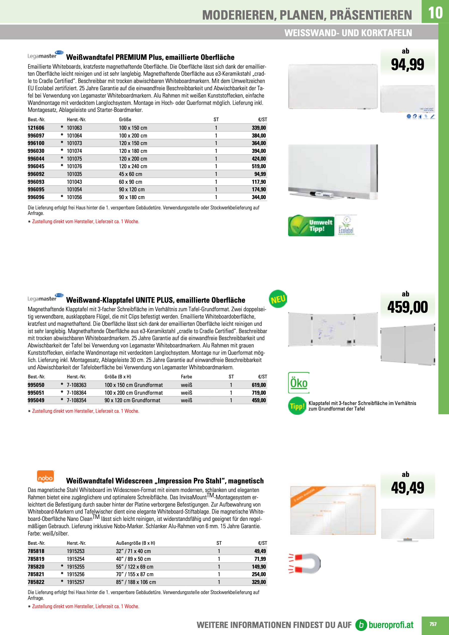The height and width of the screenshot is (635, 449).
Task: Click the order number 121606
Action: (36, 128)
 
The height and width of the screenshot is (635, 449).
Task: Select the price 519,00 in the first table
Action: (259, 166)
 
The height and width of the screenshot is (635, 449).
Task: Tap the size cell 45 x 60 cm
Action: (130, 174)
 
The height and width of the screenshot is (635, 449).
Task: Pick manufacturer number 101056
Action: (74, 197)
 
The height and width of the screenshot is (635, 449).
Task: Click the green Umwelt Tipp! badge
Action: (311, 226)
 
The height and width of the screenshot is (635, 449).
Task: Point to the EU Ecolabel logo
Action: (346, 226)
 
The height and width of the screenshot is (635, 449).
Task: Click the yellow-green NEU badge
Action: (278, 299)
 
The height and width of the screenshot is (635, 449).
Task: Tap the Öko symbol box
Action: (298, 383)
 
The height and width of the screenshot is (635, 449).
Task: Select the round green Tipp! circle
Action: (297, 406)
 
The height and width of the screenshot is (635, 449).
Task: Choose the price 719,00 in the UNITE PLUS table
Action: (259, 393)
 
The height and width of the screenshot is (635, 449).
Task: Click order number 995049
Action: (36, 400)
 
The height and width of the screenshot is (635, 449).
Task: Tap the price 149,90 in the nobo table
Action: (259, 567)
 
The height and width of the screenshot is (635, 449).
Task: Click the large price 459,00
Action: (407, 307)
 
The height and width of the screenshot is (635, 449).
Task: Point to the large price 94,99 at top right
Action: (407, 65)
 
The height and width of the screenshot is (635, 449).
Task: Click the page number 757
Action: (433, 624)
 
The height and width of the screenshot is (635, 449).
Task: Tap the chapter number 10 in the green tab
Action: (435, 13)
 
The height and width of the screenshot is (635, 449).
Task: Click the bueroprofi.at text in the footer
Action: (391, 625)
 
